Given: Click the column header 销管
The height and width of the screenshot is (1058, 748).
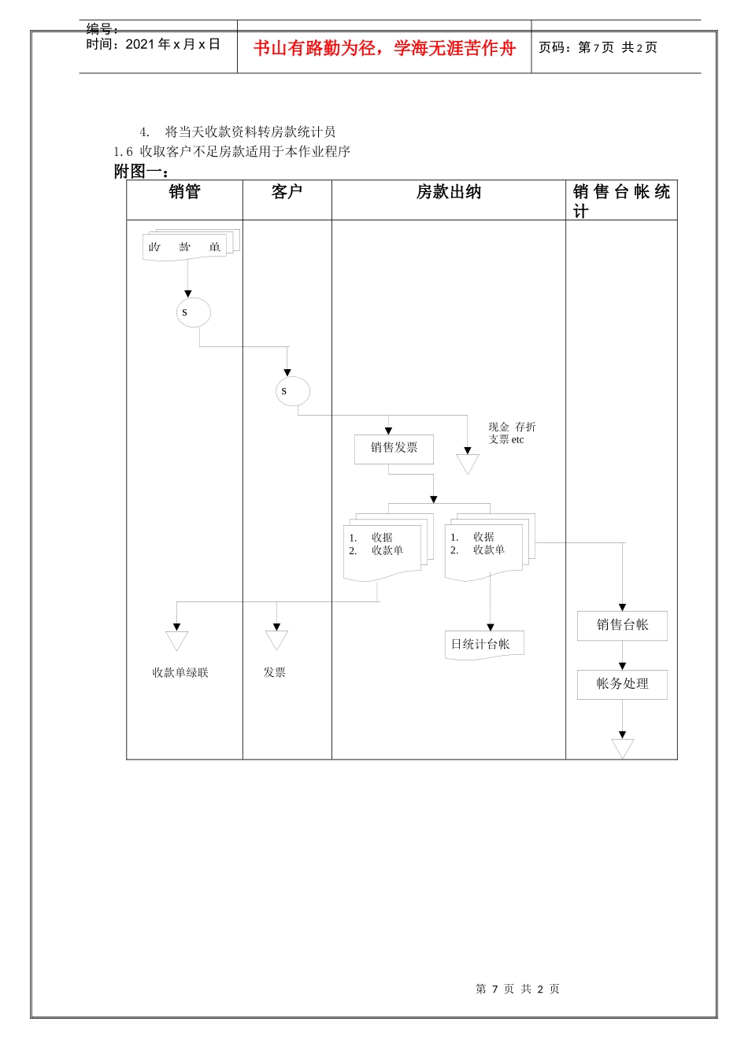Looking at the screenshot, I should click(184, 192).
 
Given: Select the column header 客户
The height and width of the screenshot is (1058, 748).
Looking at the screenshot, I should click(287, 192).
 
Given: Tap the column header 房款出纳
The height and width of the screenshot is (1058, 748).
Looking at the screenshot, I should click(448, 192).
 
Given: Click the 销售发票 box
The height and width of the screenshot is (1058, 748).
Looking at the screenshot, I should click(394, 449).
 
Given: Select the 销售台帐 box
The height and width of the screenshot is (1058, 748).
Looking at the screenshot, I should click(622, 625).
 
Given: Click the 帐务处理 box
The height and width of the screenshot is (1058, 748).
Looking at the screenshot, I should click(622, 684).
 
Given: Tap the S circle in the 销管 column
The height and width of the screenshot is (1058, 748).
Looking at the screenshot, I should click(193, 313).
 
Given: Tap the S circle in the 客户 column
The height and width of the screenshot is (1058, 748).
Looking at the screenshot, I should click(292, 391).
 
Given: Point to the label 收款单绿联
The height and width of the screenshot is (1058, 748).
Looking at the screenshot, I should click(180, 672).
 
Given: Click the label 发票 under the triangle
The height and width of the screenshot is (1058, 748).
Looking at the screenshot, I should click(275, 672).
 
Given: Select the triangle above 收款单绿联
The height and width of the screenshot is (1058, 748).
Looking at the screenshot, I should click(177, 640).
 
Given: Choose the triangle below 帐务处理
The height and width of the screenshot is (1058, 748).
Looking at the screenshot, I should click(622, 747).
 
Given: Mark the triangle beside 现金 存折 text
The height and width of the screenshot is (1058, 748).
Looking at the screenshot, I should click(468, 464).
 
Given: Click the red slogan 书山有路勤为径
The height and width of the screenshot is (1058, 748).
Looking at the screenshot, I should click(384, 49).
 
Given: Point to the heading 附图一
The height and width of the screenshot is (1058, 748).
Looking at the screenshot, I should click(141, 171).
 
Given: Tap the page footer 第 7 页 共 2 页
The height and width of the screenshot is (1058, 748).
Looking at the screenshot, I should click(517, 989).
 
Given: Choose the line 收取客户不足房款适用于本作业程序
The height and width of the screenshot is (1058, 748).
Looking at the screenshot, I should click(245, 151).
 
